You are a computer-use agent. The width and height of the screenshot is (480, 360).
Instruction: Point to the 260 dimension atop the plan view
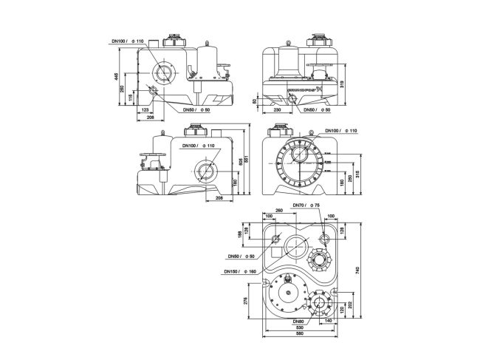(x=278, y=210)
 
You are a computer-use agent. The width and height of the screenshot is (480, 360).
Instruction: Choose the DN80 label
(x=298, y=322)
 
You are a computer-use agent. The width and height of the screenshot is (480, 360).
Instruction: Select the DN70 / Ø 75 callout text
(x=305, y=205)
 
